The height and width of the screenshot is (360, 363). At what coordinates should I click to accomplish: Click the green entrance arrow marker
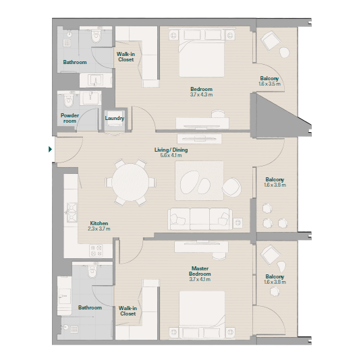pos(50,149)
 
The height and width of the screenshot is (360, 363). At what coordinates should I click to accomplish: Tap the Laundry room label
pos(115,118)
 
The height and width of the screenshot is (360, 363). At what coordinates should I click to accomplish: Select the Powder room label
pos(69,118)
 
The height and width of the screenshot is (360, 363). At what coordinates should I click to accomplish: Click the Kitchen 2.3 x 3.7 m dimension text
pos(99,229)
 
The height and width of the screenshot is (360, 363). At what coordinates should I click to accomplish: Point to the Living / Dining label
pos(171,150)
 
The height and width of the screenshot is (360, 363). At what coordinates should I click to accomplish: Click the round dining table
pos(131,182)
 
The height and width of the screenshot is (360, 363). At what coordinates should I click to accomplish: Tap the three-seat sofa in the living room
pos(200,219)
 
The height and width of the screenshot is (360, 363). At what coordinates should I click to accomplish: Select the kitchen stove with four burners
pos(96,251)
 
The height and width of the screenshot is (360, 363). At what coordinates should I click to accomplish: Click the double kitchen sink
pos(72,212)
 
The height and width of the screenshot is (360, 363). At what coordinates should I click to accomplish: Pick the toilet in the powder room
pos(69,101)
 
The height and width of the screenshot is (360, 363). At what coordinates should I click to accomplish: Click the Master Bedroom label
pos(200,271)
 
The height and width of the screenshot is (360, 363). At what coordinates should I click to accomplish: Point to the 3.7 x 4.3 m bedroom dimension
pos(202,94)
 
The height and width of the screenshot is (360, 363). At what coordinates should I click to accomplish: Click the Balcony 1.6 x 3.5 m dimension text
pos(269,84)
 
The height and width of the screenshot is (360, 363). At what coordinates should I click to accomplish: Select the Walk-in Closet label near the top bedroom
pos(125,57)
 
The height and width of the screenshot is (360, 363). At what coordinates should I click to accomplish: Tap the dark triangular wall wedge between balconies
pos(275,116)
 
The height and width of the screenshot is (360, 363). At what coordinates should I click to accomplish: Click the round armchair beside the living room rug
pos(231,187)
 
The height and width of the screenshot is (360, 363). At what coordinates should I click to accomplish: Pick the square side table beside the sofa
pos(238,222)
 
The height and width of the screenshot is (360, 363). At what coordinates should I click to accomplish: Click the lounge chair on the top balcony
pos(271,40)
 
